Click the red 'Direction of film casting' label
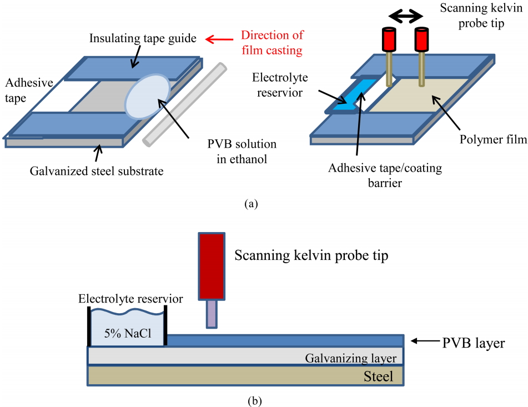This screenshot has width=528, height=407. pos(272,43)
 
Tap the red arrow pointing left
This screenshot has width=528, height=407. pos(219,39)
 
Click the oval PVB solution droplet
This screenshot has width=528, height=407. pos(148,96)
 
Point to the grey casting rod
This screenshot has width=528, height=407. pos(185,104)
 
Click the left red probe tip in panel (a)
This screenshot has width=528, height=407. pos(388,39)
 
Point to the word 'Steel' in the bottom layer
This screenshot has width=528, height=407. pos(379,376)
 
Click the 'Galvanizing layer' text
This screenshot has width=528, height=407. pos(350,359)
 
